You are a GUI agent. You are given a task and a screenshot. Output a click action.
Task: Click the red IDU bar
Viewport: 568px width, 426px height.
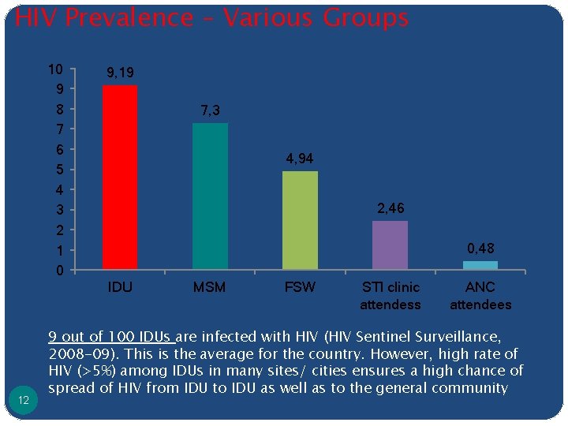tap(120, 177)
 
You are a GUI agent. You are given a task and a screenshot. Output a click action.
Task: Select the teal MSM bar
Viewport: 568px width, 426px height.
tap(210, 196)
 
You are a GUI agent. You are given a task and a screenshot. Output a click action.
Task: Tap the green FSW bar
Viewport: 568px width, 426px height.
tap(300, 220)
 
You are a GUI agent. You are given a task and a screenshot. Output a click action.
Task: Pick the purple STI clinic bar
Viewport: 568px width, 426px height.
tap(390, 245)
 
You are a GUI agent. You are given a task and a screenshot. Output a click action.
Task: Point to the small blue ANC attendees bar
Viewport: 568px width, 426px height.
tap(480, 265)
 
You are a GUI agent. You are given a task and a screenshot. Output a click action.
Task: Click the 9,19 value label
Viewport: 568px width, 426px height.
tap(120, 73)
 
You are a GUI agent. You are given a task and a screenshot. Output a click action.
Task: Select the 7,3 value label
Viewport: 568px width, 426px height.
tap(210, 111)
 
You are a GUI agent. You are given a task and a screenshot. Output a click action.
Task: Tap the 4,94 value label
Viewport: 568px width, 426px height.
tap(300, 159)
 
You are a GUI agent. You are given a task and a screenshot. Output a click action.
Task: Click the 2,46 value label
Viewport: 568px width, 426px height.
tap(390, 209)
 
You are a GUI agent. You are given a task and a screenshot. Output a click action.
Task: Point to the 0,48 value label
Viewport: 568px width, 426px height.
tap(480, 249)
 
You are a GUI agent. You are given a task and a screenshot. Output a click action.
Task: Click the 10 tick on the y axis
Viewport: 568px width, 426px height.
tap(55, 69)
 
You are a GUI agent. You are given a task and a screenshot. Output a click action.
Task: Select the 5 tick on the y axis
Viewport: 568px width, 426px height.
tap(59, 170)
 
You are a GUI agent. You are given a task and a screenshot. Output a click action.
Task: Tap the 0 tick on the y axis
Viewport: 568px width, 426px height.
tap(59, 271)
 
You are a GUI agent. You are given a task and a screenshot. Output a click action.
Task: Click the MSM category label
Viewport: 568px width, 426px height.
tap(210, 287)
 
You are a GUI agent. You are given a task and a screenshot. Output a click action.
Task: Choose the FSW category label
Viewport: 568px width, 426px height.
tap(300, 287)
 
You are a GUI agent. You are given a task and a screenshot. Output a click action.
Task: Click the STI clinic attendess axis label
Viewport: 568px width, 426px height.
tap(390, 296)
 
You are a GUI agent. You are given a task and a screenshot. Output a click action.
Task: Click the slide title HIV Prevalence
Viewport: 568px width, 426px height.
tap(211, 17)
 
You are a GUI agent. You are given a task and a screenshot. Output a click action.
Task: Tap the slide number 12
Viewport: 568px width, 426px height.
tap(24, 401)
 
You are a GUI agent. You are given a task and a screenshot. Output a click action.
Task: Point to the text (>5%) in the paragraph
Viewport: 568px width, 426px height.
tap(98, 371)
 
